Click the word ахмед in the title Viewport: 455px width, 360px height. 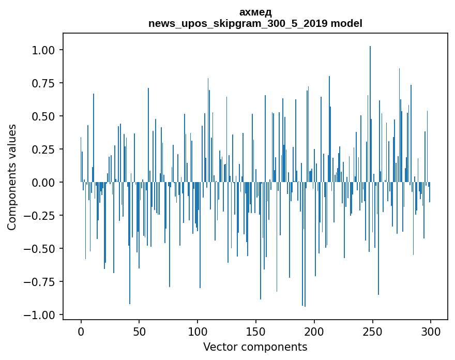click(255, 12)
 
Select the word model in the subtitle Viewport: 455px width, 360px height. click(346, 23)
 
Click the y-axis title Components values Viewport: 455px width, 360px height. click(12, 177)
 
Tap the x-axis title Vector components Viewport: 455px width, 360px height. click(255, 347)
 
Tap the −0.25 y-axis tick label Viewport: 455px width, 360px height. click(40, 216)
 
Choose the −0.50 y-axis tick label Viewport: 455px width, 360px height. click(40, 249)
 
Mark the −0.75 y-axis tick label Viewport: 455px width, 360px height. click(40, 282)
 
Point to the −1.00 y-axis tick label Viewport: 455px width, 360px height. click(40, 315)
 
